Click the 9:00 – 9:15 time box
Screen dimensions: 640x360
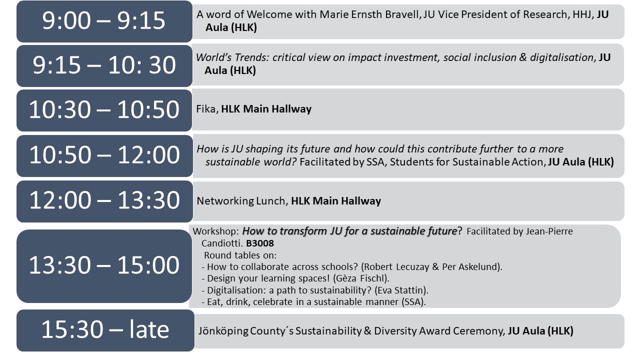104,21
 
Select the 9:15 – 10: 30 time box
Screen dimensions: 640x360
104,65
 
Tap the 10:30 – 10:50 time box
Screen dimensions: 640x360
104,110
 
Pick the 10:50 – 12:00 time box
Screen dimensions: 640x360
104,155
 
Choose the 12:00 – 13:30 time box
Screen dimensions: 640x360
104,201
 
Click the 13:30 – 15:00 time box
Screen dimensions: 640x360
104,266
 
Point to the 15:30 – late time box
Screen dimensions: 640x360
105,330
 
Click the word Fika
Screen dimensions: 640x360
205,109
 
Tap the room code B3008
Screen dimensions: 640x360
259,243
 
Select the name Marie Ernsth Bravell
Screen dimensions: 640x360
369,14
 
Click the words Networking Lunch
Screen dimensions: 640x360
241,201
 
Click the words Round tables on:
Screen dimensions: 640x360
240,255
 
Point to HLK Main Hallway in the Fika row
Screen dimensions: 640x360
266,109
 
